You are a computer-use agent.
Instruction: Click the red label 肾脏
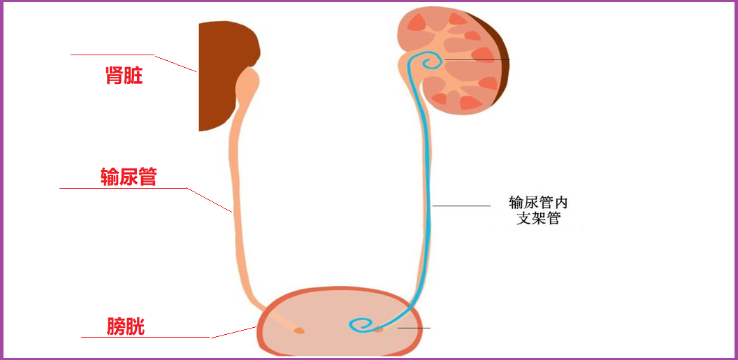[x=124, y=75]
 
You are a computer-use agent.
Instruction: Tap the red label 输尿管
[x=128, y=178]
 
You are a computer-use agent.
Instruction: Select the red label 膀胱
[x=126, y=326]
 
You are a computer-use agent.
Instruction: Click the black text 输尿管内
[x=538, y=203]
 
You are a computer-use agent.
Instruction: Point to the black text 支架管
[x=539, y=219]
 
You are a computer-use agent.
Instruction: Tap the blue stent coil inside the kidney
[x=431, y=64]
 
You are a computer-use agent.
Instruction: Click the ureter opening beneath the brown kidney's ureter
[x=299, y=330]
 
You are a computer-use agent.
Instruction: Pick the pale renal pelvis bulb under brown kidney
[x=247, y=82]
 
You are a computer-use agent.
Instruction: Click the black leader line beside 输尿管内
[x=461, y=206]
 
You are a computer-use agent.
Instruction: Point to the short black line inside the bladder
[x=414, y=328]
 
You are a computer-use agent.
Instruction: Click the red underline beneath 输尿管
[x=123, y=188]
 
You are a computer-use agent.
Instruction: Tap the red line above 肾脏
[x=112, y=55]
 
